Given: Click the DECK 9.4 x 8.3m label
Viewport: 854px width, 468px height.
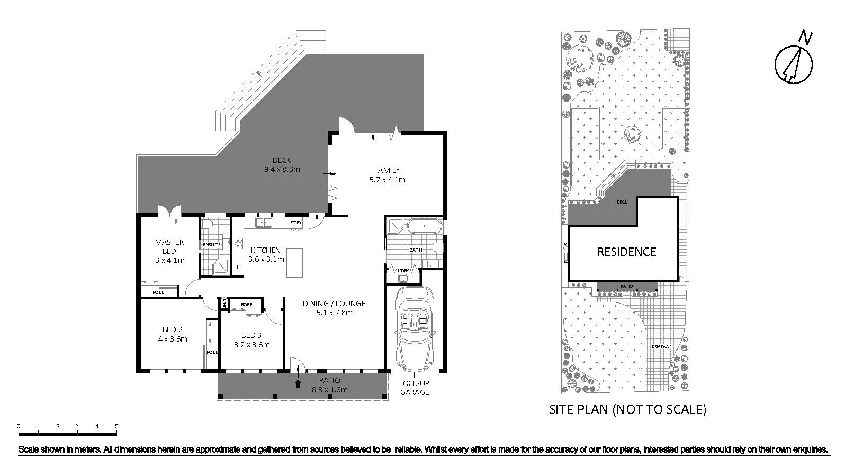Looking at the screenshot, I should pyautogui.click(x=282, y=165).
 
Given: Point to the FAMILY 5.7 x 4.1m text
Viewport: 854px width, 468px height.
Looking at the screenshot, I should pyautogui.click(x=387, y=175).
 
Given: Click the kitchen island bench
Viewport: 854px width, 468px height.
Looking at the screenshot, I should pyautogui.click(x=294, y=263).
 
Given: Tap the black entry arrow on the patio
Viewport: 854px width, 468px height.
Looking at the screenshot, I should pyautogui.click(x=298, y=384).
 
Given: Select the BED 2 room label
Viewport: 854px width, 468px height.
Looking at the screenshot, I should pyautogui.click(x=170, y=329).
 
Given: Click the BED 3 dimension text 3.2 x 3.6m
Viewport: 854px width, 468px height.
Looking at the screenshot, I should pyautogui.click(x=251, y=345).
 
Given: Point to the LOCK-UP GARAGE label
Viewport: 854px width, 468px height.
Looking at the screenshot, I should pyautogui.click(x=415, y=388).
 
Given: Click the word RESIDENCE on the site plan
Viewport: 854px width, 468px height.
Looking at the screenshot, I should pyautogui.click(x=626, y=252).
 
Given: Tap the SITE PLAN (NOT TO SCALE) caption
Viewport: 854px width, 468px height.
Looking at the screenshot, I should pyautogui.click(x=627, y=409).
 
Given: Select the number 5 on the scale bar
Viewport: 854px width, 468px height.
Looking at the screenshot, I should pyautogui.click(x=116, y=426).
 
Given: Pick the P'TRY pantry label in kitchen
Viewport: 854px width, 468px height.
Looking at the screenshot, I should pyautogui.click(x=295, y=223).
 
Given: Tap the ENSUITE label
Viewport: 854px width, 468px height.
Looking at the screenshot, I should pyautogui.click(x=211, y=245).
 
